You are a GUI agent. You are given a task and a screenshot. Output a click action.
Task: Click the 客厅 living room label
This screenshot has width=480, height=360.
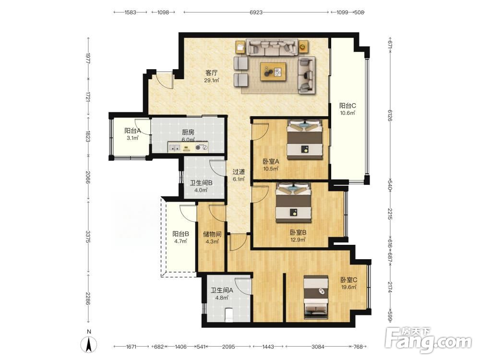point(212,73)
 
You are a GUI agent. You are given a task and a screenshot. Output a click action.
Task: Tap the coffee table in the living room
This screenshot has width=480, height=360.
point(273,72)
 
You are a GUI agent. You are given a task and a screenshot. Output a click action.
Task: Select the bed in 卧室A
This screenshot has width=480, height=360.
point(305,140)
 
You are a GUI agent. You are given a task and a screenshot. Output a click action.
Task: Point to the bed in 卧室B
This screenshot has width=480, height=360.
point(294,203)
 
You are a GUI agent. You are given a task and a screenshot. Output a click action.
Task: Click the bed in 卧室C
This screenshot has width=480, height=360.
point(316,297)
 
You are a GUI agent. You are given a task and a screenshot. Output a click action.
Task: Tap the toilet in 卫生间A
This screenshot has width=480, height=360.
point(228,315)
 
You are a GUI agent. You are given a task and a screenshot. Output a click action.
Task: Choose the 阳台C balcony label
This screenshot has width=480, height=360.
point(348,106)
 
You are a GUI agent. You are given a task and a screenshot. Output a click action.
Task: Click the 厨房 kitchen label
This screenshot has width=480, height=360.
point(188,132)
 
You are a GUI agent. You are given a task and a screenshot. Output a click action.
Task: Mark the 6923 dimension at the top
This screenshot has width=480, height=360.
point(256,12)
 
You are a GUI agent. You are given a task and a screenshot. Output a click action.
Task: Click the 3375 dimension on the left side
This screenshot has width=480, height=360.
point(88,237)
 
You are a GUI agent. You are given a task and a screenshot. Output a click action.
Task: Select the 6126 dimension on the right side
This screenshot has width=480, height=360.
point(390,115)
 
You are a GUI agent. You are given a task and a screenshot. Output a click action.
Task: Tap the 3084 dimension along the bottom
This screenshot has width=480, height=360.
point(318,347)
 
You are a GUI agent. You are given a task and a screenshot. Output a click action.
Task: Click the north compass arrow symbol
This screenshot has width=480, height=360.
point(89,344)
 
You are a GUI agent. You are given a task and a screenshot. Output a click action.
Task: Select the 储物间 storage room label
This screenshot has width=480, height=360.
point(212,235)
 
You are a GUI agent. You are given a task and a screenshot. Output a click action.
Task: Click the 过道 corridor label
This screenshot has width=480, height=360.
point(239,172)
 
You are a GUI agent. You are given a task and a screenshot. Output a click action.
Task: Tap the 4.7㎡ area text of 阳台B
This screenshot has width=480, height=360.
point(180,241)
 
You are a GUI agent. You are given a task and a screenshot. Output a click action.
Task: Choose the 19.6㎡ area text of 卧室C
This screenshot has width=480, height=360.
point(348,287)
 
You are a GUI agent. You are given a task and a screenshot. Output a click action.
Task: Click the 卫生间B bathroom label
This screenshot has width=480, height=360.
point(201,183)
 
